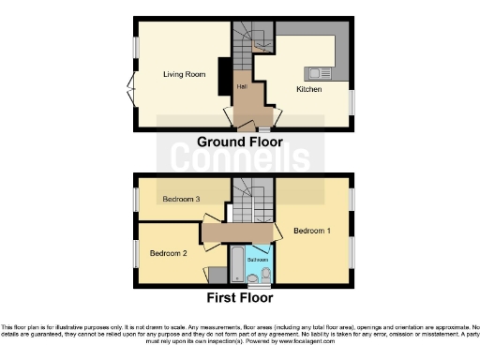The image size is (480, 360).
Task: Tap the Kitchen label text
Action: tap(309, 89)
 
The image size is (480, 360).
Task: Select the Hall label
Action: tap(242, 86)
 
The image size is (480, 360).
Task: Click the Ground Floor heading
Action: tap(239, 142)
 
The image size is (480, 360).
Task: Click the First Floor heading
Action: tap(239, 298)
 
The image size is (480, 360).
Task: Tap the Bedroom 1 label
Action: tap(311, 231)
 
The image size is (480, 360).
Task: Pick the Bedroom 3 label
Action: tap(181, 199)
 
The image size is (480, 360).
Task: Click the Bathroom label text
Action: tap(257, 259)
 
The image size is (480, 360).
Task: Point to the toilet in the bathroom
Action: tap(266, 274)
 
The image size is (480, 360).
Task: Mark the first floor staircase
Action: tap(249, 199)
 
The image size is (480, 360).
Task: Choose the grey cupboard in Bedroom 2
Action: tap(217, 275)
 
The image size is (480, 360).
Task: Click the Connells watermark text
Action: tap(239, 161)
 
